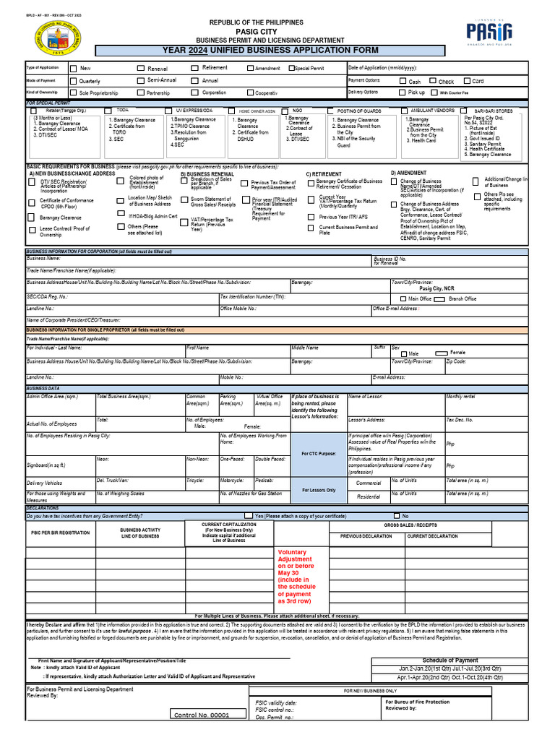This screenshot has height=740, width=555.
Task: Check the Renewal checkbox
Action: coord(142,69)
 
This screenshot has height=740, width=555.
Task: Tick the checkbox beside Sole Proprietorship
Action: coord(73,92)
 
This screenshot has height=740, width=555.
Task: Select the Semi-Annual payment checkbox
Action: coord(142,80)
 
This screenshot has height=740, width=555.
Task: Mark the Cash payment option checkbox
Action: coord(403,81)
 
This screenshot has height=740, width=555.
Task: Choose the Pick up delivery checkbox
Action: coord(403,92)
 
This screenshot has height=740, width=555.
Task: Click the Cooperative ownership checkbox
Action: coord(250,92)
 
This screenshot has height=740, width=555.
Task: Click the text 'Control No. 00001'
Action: coord(202,715)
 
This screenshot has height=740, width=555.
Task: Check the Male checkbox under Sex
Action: coord(403,353)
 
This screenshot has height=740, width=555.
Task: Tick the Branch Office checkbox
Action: coord(443,298)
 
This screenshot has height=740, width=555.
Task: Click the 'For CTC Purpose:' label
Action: coord(318,454)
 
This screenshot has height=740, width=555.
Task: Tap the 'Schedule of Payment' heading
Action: coord(450,660)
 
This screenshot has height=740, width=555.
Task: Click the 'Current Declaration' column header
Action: coord(432,536)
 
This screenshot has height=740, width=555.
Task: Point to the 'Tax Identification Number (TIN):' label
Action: coord(252,297)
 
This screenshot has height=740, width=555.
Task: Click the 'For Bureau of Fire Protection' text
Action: coord(417,702)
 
